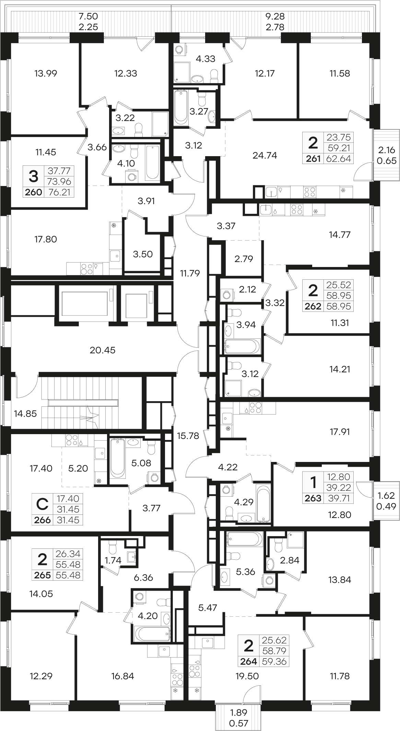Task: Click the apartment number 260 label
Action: pyautogui.click(x=33, y=193)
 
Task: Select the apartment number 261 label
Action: pyautogui.click(x=313, y=159)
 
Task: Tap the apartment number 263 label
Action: pyautogui.click(x=313, y=498)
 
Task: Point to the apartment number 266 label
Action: pyautogui.click(x=43, y=520)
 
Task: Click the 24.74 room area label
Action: pyautogui.click(x=264, y=155)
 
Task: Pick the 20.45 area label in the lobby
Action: pyautogui.click(x=103, y=350)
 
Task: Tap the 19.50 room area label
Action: pyautogui.click(x=247, y=676)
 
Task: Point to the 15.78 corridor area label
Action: pyautogui.click(x=188, y=436)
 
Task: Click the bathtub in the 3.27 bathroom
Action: pyautogui.click(x=181, y=107)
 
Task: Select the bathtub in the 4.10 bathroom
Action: pyautogui.click(x=152, y=162)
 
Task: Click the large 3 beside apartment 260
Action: pyautogui.click(x=33, y=177)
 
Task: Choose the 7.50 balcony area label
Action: pyautogui.click(x=89, y=16)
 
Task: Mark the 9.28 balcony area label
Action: pyautogui.click(x=275, y=16)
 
